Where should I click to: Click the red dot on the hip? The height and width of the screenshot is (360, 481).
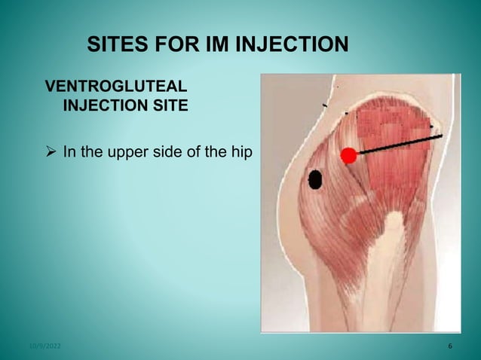tap(348, 156)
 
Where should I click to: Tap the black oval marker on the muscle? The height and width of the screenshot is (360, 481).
tap(315, 179)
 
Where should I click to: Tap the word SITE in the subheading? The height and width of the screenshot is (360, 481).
tap(164, 105)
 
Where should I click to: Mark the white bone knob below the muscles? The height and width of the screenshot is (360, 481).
tap(394, 223)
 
